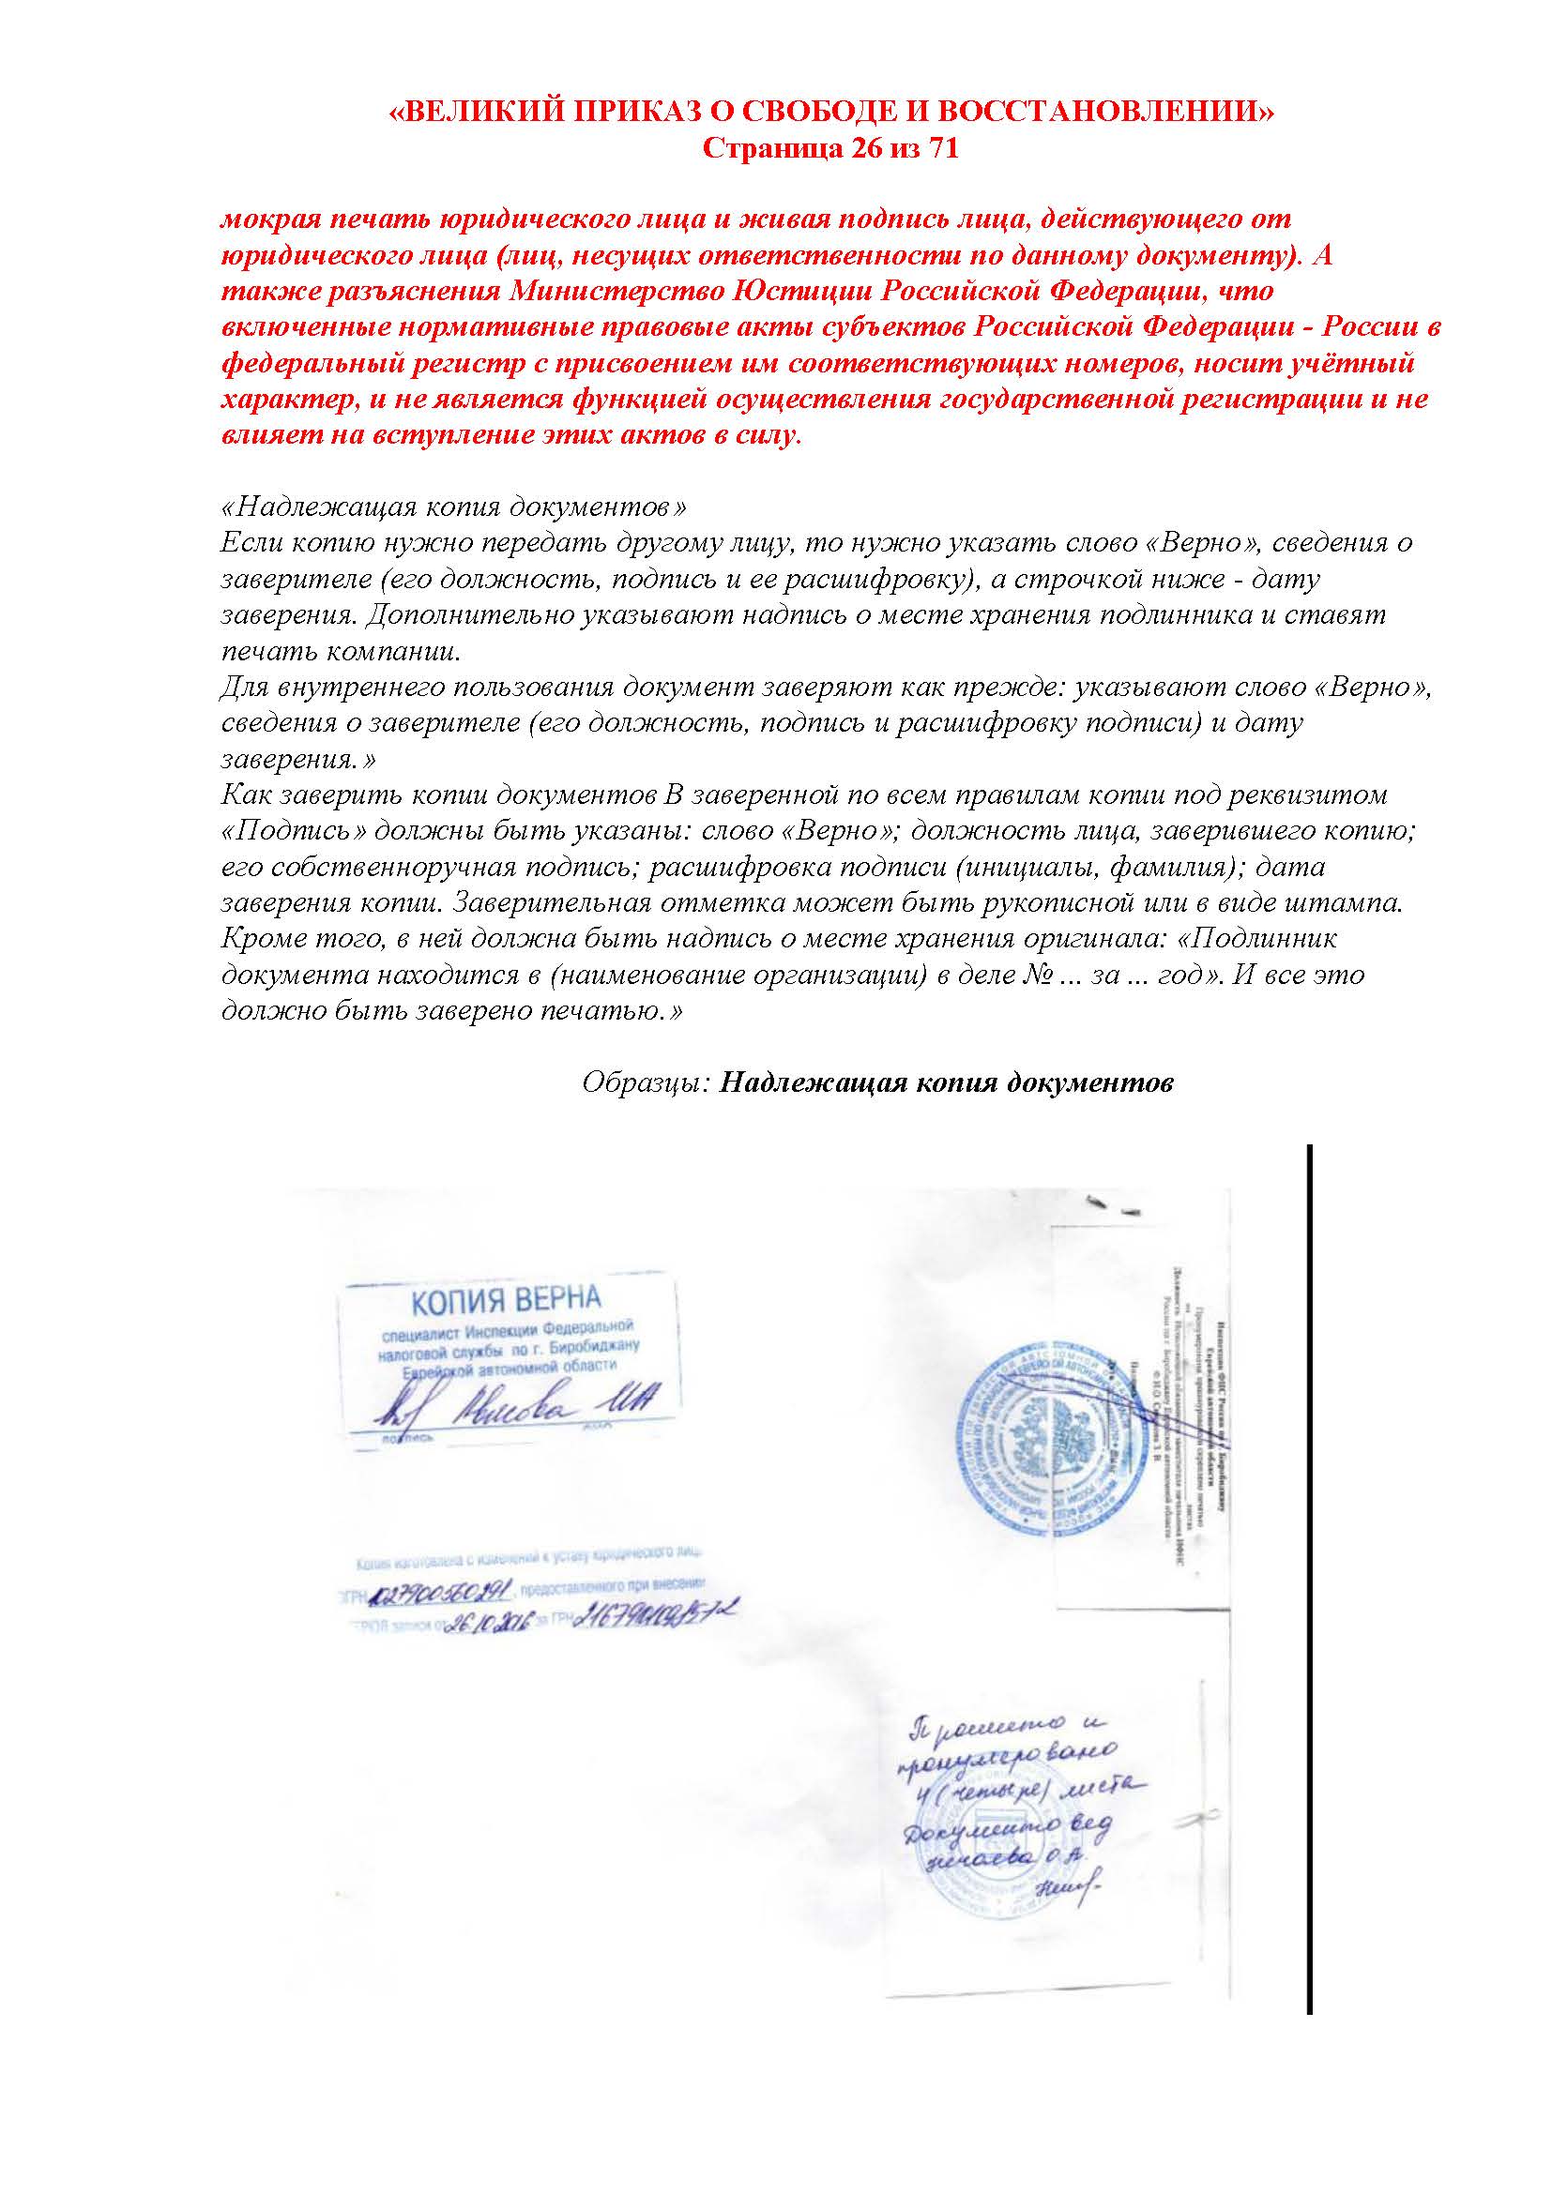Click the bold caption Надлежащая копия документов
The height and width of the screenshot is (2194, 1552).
tap(946, 1083)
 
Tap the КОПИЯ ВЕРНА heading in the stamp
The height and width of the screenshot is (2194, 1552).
tap(507, 1300)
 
